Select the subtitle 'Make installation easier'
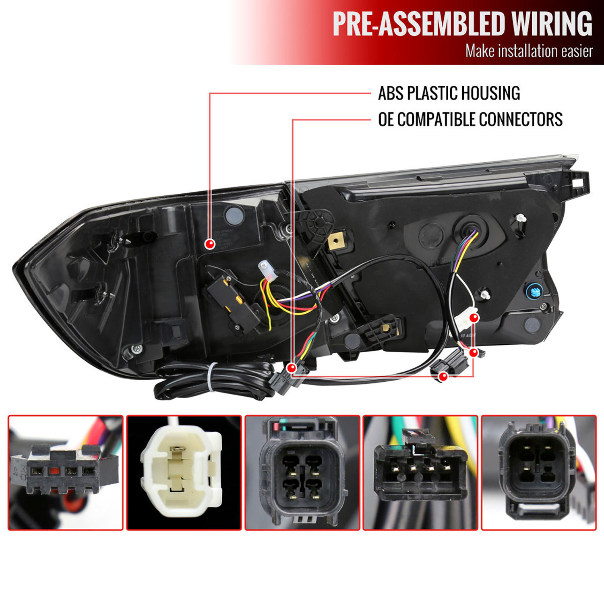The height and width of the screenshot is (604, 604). (529, 51)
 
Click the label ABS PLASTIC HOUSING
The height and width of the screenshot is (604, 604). (449, 93)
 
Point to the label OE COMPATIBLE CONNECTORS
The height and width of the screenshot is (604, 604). (470, 120)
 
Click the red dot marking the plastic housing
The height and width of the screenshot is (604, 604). (210, 244)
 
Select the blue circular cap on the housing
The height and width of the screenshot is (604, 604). (535, 290)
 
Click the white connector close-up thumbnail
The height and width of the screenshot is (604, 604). (184, 473)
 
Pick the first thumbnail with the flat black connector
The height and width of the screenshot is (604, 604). (66, 473)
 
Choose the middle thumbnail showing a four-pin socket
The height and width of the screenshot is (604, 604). (302, 473)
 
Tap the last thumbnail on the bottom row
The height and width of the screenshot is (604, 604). (539, 473)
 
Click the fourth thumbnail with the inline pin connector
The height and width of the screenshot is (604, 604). (420, 473)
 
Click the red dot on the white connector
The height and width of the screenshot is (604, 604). (474, 318)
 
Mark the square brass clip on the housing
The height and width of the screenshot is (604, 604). (336, 241)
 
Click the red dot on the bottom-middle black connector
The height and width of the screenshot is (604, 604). (443, 376)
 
